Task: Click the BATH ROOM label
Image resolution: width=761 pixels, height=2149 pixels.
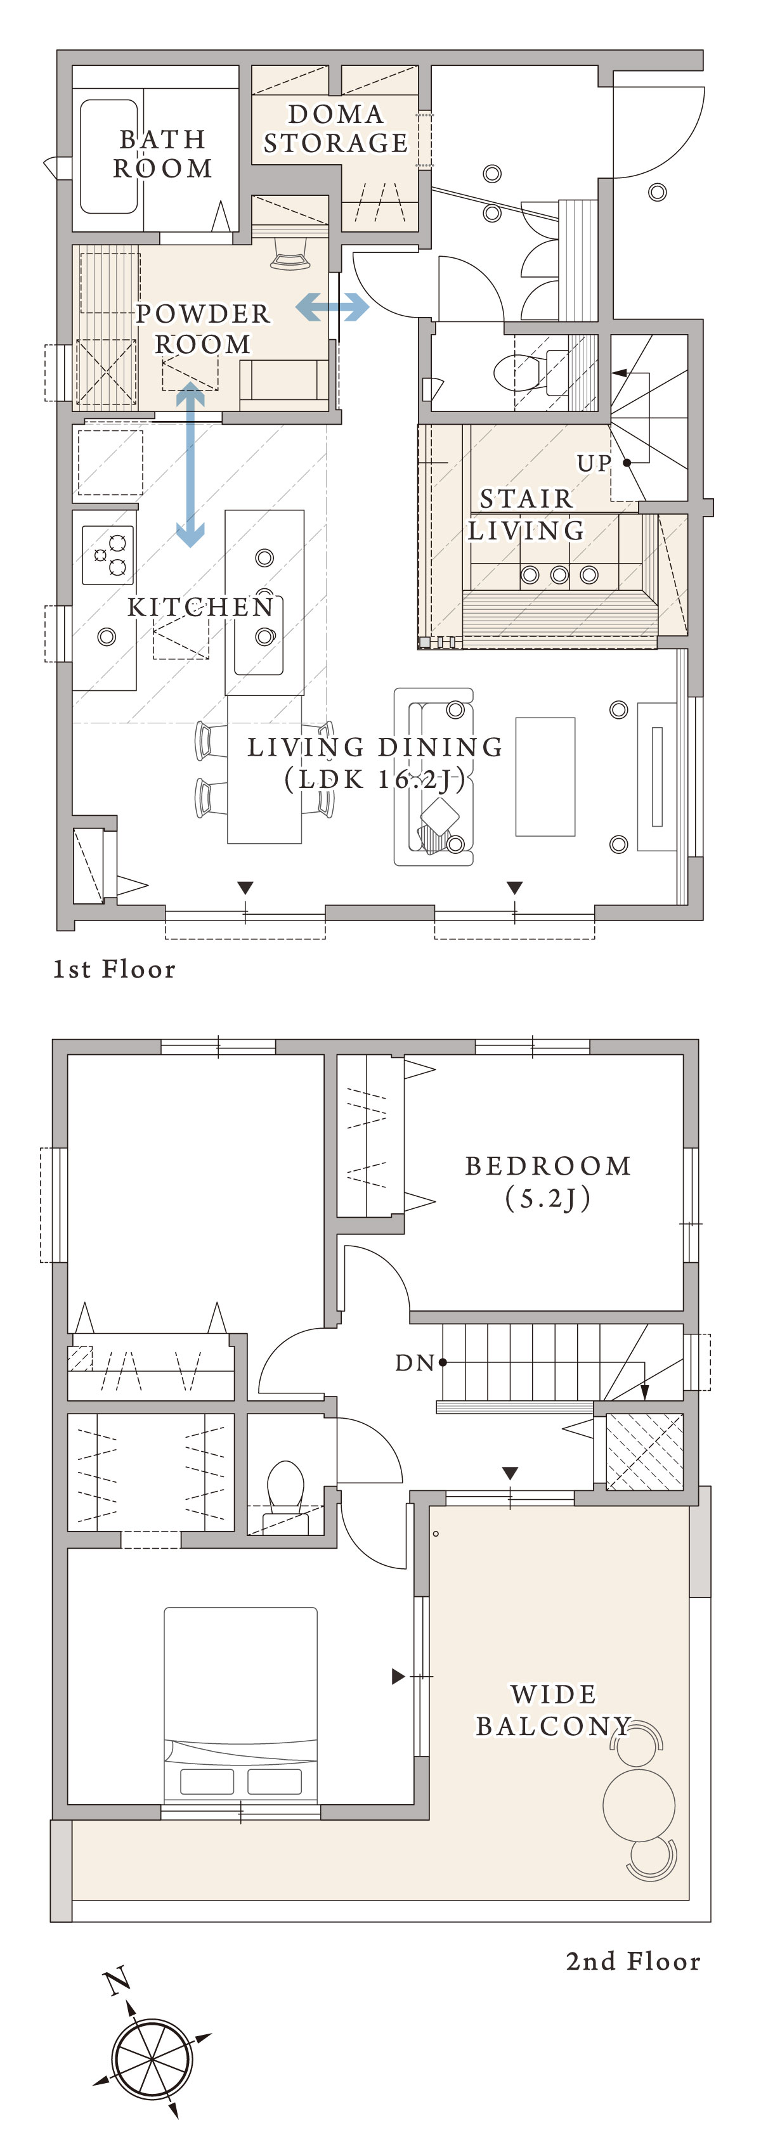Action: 163,153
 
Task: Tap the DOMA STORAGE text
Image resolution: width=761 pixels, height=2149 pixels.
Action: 335,129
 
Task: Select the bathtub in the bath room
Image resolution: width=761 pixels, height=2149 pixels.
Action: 108,157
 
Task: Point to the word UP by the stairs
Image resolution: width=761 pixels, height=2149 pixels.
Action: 594,463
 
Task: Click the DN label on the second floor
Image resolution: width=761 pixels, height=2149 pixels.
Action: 415,1363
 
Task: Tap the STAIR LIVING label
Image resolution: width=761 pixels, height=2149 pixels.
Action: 526,514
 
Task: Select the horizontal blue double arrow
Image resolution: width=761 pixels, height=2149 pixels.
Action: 332,306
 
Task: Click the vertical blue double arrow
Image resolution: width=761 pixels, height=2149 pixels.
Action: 190,464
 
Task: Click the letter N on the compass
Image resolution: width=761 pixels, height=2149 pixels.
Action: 117,1981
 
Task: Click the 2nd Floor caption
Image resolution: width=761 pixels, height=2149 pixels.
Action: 634,1961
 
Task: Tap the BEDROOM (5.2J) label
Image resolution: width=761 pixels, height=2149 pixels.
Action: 548,1182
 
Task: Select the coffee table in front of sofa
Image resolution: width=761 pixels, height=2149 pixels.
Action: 545,777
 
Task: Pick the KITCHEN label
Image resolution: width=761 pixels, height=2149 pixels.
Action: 200,607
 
